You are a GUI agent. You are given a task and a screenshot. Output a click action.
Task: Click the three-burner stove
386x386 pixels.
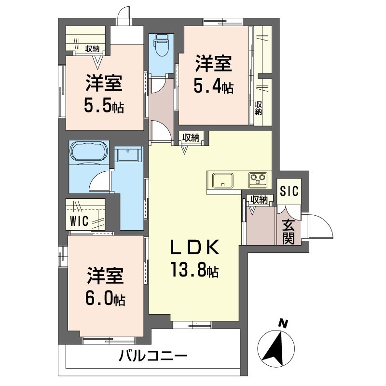coord(258,180)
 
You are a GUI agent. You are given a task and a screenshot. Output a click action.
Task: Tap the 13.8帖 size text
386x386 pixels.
coord(194,269)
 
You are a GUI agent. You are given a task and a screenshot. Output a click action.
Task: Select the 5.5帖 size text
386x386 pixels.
coord(104,105)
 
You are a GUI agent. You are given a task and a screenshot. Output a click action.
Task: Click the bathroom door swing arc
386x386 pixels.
coord(101,182)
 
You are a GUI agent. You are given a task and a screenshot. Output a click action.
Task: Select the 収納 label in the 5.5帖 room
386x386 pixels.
coord(93,48)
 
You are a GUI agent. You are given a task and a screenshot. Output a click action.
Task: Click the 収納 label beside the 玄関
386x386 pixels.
coord(260,199)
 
